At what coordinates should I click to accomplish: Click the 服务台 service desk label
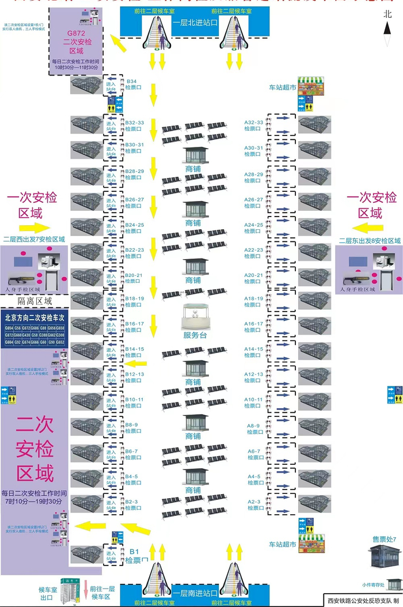tap(195, 335)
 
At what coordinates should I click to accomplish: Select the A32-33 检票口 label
tap(253, 126)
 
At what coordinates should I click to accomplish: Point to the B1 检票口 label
tap(136, 555)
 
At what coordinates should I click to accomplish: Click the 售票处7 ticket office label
tap(384, 539)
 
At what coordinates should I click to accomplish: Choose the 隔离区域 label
tap(35, 301)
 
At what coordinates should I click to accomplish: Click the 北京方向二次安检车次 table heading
tap(35, 317)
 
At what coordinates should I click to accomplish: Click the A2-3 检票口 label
tap(253, 505)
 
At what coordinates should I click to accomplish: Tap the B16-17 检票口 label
tap(134, 328)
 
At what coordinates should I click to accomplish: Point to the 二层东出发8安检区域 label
tap(368, 240)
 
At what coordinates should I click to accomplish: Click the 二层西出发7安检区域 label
tap(34, 239)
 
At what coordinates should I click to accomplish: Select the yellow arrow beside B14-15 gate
tap(136, 363)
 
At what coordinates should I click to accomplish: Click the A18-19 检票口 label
tap(253, 302)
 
